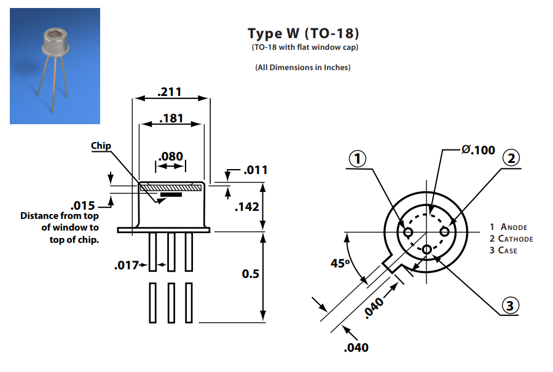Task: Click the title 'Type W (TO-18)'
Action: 303,33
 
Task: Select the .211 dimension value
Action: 170,92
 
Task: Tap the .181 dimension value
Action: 171,118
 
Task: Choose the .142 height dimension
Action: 248,207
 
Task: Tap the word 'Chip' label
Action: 101,146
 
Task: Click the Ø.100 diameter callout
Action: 477,150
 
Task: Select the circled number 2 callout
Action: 510,158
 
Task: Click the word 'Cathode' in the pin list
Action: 516,239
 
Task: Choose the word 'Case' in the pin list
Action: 508,250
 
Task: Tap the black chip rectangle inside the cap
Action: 171,195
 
